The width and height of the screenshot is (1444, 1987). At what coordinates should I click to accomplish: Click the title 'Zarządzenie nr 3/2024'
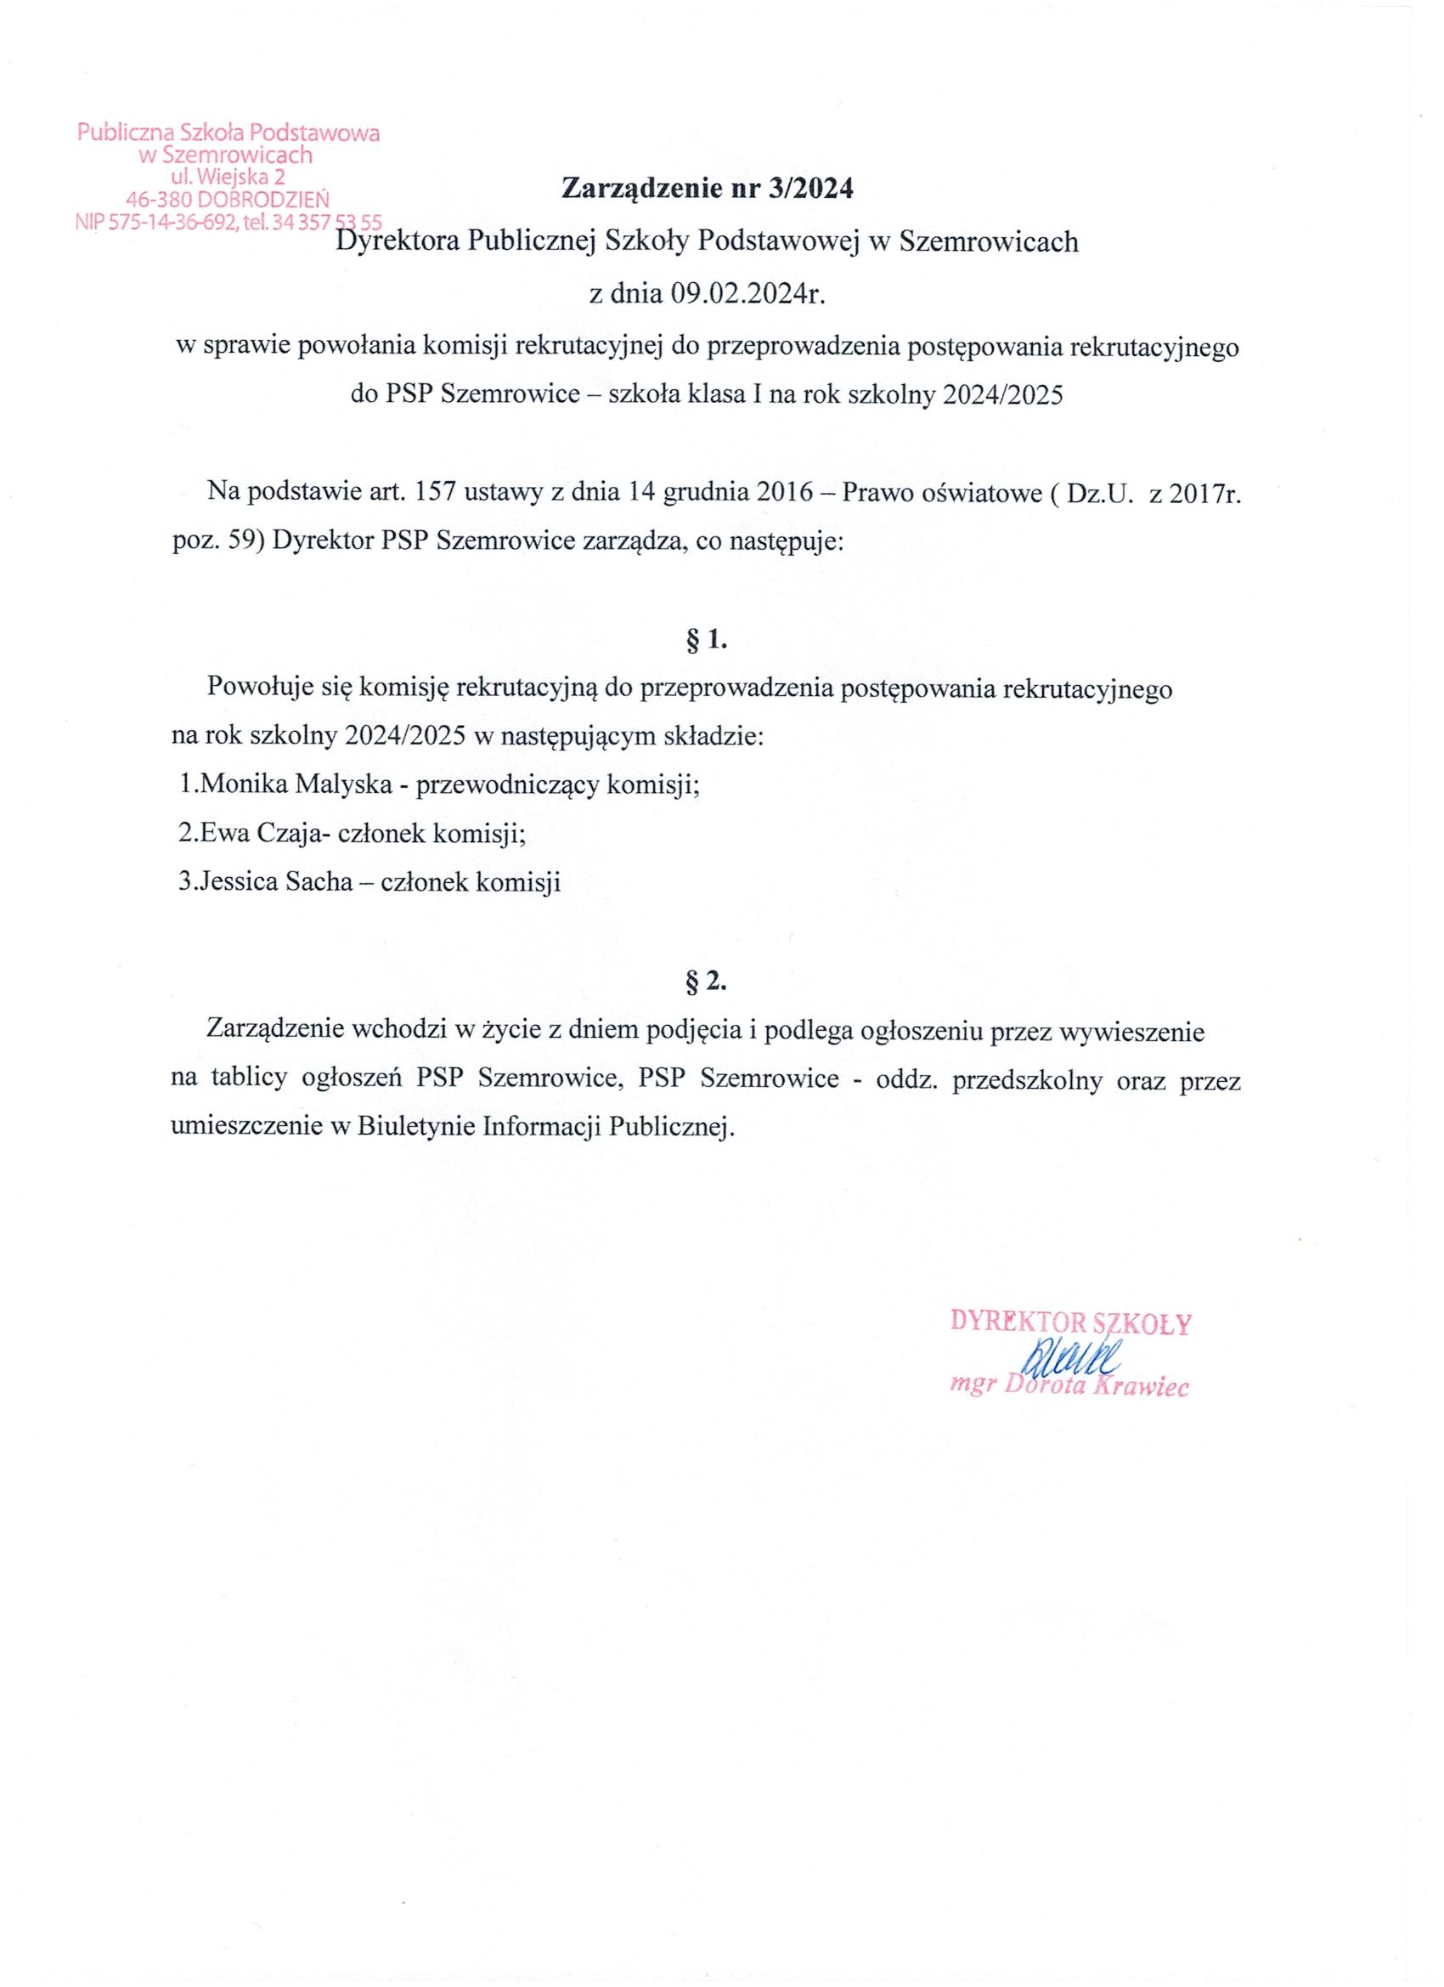pyautogui.click(x=707, y=189)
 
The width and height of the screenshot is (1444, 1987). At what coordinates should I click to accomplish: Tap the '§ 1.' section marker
pyautogui.click(x=707, y=641)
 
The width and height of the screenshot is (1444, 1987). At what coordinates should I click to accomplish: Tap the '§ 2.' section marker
pyautogui.click(x=707, y=982)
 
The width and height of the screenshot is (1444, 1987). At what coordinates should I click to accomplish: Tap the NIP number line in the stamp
pyautogui.click(x=228, y=224)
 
